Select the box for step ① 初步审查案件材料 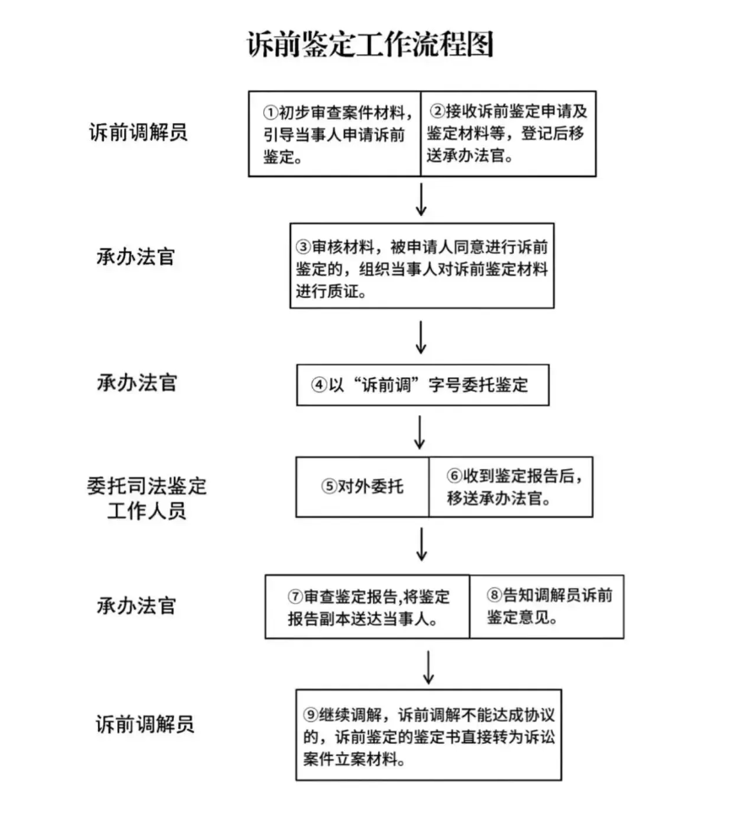(334, 133)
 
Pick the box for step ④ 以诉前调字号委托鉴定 (423, 385)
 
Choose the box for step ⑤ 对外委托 (362, 487)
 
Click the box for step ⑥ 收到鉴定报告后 (510, 487)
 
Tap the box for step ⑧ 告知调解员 (546, 607)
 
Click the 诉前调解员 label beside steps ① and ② (138, 132)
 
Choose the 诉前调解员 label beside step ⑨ (144, 723)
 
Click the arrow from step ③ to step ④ (422, 337)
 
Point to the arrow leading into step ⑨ (429, 666)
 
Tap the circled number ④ (319, 386)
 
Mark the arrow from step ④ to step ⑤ (422, 432)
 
